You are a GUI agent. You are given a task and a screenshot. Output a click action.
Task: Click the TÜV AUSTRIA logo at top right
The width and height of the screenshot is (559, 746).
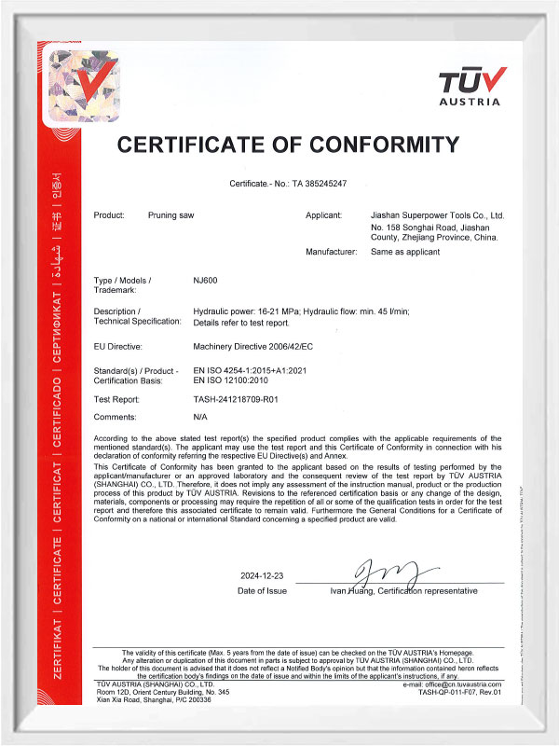pos(472,86)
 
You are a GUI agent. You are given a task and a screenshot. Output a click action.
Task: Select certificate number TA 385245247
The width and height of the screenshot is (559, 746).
pos(320,184)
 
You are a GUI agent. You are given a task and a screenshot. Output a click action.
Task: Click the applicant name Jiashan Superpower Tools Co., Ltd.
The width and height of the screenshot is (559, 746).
pos(437,215)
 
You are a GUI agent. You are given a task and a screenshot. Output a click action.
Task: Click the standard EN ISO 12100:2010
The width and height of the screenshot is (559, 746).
pos(233,381)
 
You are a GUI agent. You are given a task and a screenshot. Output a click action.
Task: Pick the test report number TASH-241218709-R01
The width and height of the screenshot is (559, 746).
pos(237,399)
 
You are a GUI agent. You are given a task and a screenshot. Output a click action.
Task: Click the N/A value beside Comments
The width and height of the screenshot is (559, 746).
pos(199,417)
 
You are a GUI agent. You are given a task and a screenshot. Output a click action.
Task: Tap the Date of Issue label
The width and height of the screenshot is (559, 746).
pos(263,591)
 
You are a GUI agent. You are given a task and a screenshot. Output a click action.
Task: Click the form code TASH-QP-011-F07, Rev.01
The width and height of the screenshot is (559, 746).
pos(459,693)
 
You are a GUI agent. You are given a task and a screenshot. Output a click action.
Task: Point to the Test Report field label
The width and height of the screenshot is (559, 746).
pos(118,399)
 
